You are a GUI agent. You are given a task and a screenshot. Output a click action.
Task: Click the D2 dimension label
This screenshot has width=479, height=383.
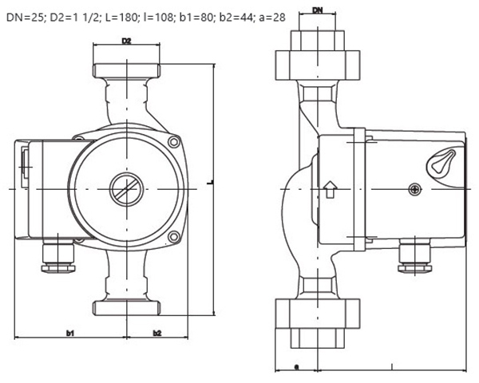(x=126, y=41)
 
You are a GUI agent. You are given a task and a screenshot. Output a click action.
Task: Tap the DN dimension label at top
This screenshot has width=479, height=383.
(x=318, y=10)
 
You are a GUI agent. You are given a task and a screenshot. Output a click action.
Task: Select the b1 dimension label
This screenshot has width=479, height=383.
(x=70, y=334)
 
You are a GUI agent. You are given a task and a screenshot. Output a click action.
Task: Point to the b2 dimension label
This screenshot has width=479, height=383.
(x=157, y=334)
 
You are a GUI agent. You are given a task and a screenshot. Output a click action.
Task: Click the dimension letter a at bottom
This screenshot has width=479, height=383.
(x=295, y=366)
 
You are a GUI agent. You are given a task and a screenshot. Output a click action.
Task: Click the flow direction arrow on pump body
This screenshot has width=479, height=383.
(x=330, y=189)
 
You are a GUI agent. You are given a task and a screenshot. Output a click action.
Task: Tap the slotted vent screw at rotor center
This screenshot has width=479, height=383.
(x=126, y=189)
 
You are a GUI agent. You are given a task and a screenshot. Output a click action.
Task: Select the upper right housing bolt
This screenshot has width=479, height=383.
(x=174, y=142)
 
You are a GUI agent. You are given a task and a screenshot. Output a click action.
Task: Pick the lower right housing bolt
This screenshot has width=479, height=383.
(x=174, y=237)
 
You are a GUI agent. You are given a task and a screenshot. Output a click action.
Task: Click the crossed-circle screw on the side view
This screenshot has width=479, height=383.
(x=414, y=190)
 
